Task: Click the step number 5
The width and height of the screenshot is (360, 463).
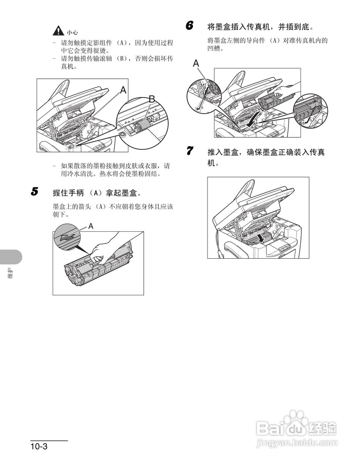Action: (34, 191)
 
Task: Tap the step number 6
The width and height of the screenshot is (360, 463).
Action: (189, 26)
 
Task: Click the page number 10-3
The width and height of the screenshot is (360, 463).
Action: (39, 446)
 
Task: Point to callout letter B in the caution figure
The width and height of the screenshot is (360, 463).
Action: (152, 99)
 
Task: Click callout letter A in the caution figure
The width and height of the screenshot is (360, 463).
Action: (123, 90)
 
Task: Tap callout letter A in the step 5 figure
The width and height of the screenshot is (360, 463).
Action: (91, 226)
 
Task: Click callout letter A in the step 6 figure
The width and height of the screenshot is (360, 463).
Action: (196, 63)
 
